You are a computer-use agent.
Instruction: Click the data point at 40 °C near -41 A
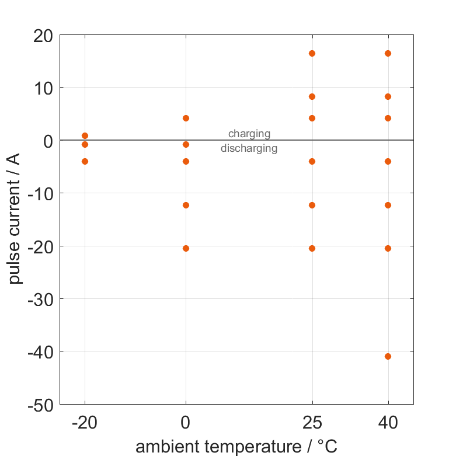pyautogui.click(x=388, y=356)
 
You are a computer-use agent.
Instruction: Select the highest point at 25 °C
pyautogui.click(x=312, y=53)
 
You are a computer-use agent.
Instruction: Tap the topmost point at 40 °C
pyautogui.click(x=388, y=53)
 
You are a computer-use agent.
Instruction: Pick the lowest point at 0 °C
pyautogui.click(x=186, y=248)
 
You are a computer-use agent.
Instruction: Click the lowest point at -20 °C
pyautogui.click(x=85, y=161)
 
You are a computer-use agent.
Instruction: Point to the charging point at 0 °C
pyautogui.click(x=186, y=118)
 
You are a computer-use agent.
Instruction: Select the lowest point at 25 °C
pyautogui.click(x=312, y=248)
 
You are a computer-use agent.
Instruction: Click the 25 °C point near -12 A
pyautogui.click(x=312, y=205)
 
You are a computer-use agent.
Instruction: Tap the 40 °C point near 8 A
pyautogui.click(x=388, y=96)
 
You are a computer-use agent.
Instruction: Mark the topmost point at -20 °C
pyautogui.click(x=85, y=135)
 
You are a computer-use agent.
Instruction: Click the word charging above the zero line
pyautogui.click(x=249, y=134)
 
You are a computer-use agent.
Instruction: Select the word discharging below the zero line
pyautogui.click(x=249, y=148)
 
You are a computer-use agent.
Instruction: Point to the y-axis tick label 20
pyautogui.click(x=43, y=36)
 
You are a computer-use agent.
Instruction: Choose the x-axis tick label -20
pyautogui.click(x=85, y=423)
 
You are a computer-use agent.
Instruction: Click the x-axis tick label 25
pyautogui.click(x=312, y=423)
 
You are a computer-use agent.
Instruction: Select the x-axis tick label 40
pyautogui.click(x=388, y=423)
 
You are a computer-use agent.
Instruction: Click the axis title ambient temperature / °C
pyautogui.click(x=236, y=447)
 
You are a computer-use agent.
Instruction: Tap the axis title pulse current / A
pyautogui.click(x=16, y=220)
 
